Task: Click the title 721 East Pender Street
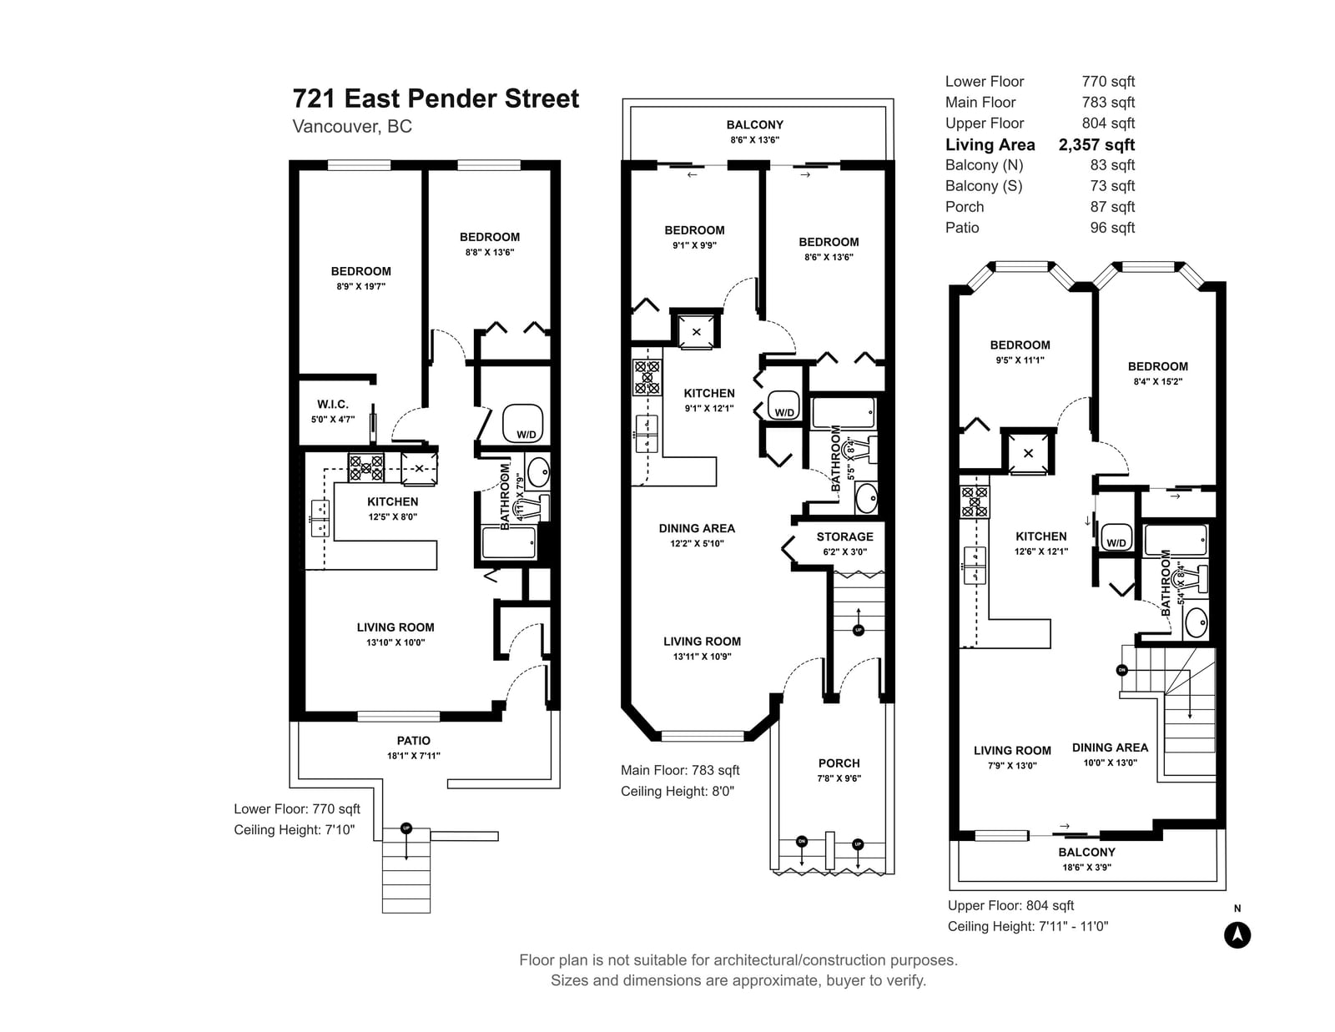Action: (x=436, y=98)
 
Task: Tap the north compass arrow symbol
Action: (x=1237, y=935)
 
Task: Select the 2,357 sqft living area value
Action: (x=1096, y=145)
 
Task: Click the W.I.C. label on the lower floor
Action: (x=332, y=404)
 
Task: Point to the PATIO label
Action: (x=414, y=741)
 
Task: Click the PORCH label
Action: (x=839, y=763)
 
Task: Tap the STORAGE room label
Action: (x=844, y=537)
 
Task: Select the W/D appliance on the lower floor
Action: (x=523, y=423)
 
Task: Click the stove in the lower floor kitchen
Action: (x=366, y=468)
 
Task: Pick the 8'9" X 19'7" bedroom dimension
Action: (x=360, y=286)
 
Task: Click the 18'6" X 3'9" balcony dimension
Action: (x=1087, y=868)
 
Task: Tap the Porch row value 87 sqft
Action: (x=1112, y=207)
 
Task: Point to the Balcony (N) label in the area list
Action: (x=984, y=165)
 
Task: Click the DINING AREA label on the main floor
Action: (x=697, y=528)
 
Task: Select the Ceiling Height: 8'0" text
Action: (x=677, y=791)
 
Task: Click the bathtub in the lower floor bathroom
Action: (x=508, y=542)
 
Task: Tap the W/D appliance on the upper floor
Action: (x=1116, y=536)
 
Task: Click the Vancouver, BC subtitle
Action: (x=352, y=127)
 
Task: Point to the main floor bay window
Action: (x=703, y=736)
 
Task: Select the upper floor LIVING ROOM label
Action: (x=1012, y=751)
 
